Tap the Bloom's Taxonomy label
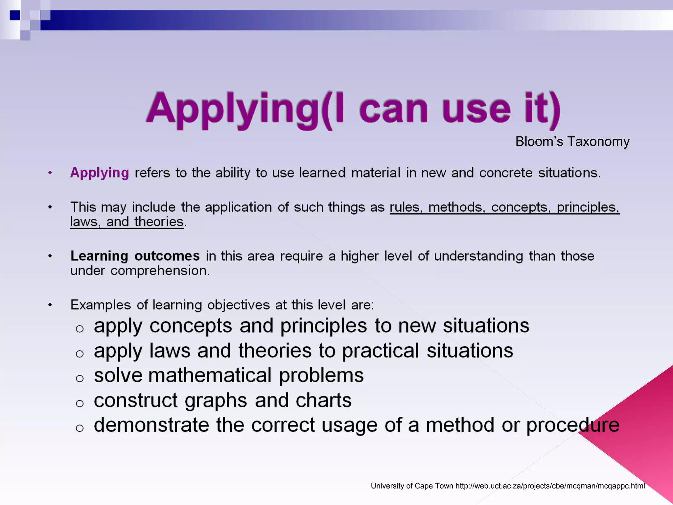click(572, 141)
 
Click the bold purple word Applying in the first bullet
click(100, 173)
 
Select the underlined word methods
click(456, 207)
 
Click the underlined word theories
click(159, 222)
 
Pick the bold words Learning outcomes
click(135, 256)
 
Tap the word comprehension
click(160, 271)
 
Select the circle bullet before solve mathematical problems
click(80, 378)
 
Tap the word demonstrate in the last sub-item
click(151, 425)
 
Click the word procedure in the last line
click(573, 425)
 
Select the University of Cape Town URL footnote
click(508, 486)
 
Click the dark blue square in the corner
click(15, 15)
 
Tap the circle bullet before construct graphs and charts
click(80, 403)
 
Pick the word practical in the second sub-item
click(380, 351)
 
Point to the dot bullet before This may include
click(50, 207)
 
